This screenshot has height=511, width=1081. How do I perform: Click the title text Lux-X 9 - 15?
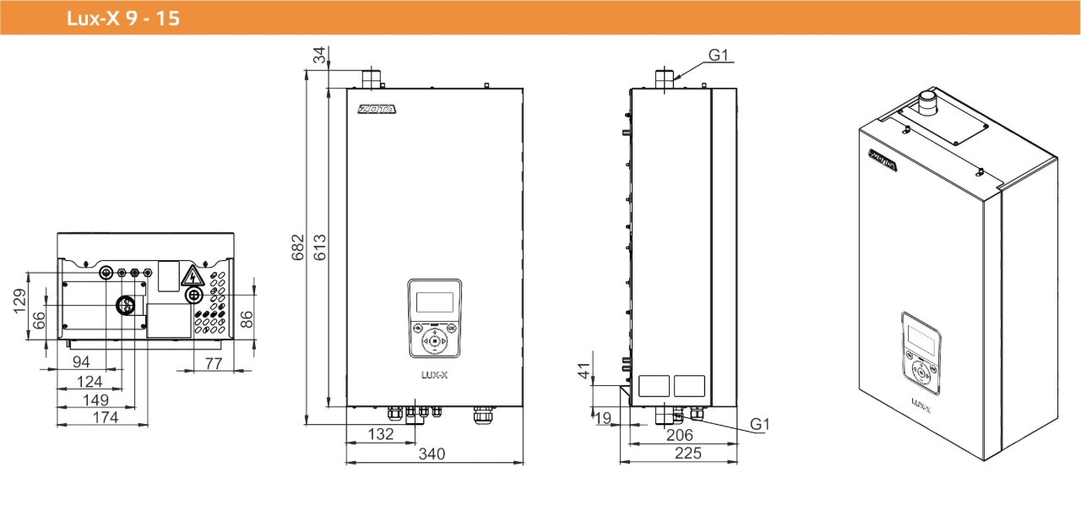(x=123, y=18)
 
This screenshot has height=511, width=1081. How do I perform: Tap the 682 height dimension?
(x=298, y=246)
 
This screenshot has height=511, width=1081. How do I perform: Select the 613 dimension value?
(x=320, y=246)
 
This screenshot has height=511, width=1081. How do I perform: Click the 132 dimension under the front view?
(x=382, y=434)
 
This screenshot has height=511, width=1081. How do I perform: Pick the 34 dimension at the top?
(x=319, y=56)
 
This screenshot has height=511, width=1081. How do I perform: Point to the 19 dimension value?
(x=602, y=416)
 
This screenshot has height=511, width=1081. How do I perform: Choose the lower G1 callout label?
(x=760, y=423)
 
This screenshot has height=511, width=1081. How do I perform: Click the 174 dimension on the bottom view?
(x=105, y=417)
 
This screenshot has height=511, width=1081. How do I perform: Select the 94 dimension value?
(x=80, y=362)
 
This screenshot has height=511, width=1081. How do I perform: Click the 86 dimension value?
(x=246, y=319)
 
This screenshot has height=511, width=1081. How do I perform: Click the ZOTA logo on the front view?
(x=376, y=109)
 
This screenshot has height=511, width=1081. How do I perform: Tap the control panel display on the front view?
(x=434, y=302)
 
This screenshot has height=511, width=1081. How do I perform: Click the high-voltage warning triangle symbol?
(x=193, y=276)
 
